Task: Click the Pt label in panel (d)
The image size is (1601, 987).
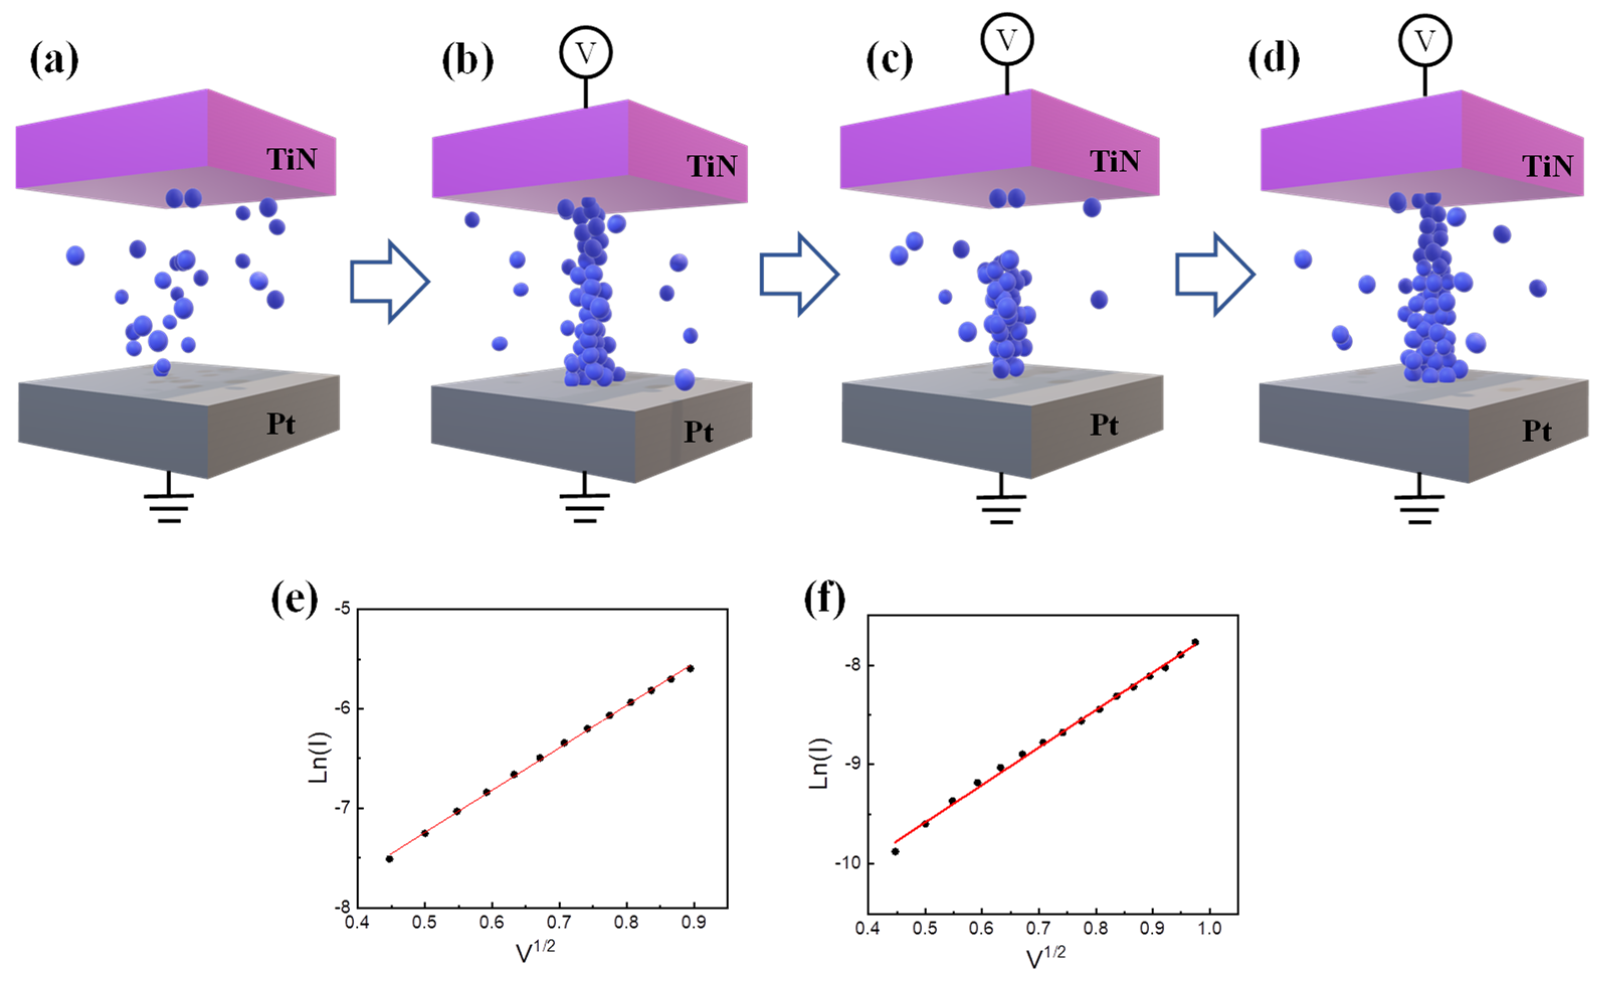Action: (1536, 431)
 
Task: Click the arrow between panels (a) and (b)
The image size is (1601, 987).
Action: (389, 281)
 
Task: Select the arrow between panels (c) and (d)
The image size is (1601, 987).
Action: (1215, 275)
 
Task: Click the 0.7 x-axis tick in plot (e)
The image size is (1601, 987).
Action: (559, 922)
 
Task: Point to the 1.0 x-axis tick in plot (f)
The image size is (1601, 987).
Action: (1210, 928)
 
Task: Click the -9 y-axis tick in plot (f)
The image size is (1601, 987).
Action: (852, 764)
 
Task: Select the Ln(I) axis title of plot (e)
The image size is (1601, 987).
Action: (320, 757)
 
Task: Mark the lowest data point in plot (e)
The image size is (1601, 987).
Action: (389, 859)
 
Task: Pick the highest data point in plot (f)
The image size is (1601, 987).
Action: (1195, 642)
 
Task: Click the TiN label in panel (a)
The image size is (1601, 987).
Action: (291, 159)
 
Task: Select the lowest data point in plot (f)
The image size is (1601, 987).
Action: (895, 851)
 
